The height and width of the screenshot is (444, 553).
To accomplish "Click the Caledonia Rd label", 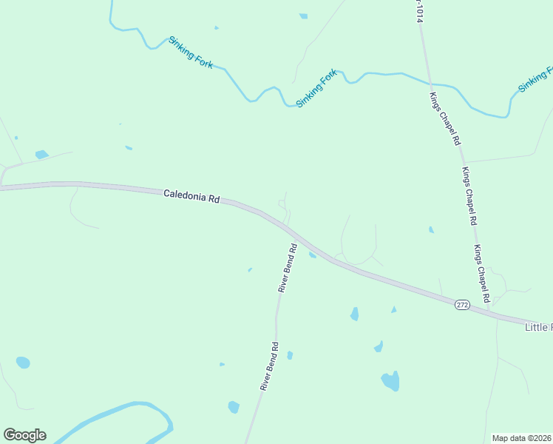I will (x=192, y=198).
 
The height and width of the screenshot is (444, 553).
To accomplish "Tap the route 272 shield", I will (x=462, y=304).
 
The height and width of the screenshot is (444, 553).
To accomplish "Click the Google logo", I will (x=24, y=435).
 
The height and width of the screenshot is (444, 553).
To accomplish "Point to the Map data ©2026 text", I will (x=521, y=438).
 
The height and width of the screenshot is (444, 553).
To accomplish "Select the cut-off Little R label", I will (x=538, y=326).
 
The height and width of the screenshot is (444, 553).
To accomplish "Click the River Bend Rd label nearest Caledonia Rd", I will (x=287, y=268).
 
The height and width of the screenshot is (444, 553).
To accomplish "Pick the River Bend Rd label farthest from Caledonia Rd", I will (x=269, y=366).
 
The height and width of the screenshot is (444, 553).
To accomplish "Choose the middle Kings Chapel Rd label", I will (x=469, y=196).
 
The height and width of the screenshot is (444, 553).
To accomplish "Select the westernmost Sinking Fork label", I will (x=191, y=53).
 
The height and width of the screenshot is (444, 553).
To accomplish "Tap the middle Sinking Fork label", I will (x=316, y=88).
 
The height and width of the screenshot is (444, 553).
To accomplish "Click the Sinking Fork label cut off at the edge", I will (x=535, y=80).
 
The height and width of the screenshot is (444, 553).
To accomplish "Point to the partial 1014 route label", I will (x=418, y=11).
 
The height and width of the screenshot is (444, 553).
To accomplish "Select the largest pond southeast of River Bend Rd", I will (x=390, y=381).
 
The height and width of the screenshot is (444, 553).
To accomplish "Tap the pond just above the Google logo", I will (x=23, y=363).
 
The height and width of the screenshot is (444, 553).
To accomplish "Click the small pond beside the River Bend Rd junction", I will (x=313, y=255).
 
